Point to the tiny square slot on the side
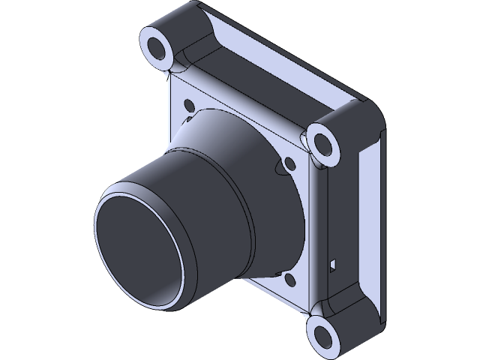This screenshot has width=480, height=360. coord(334,263)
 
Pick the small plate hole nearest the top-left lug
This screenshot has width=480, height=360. coord(187,104)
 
